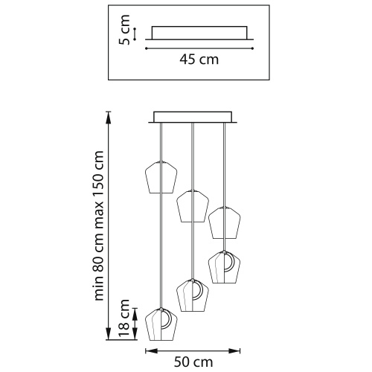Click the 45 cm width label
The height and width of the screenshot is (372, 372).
click(x=199, y=60)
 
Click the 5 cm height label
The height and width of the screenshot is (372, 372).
click(x=124, y=30)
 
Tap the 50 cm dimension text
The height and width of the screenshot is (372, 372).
click(x=193, y=362)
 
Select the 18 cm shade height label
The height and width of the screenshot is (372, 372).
click(x=124, y=318)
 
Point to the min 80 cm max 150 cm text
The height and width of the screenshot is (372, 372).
click(x=99, y=225)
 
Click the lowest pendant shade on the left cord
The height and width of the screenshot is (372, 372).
click(x=161, y=324)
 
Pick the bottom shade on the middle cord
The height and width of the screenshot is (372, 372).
click(x=193, y=295)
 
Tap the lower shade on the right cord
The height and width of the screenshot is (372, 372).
click(x=225, y=267)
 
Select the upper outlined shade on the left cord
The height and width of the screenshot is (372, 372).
click(x=161, y=177)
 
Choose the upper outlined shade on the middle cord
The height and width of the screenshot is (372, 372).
click(x=193, y=206)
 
